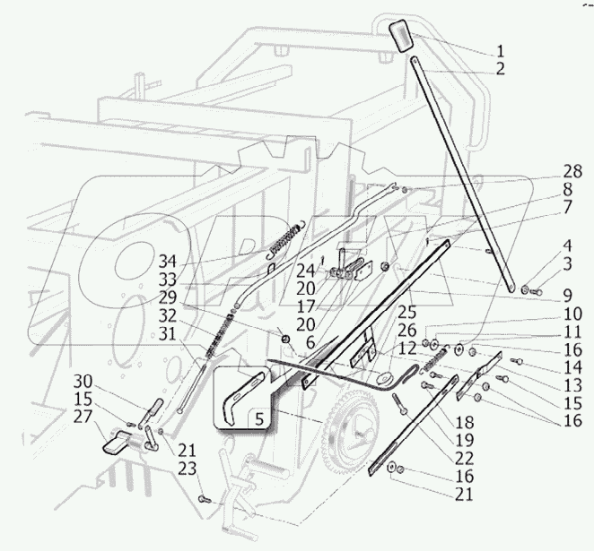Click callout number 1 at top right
tap(500, 50)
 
